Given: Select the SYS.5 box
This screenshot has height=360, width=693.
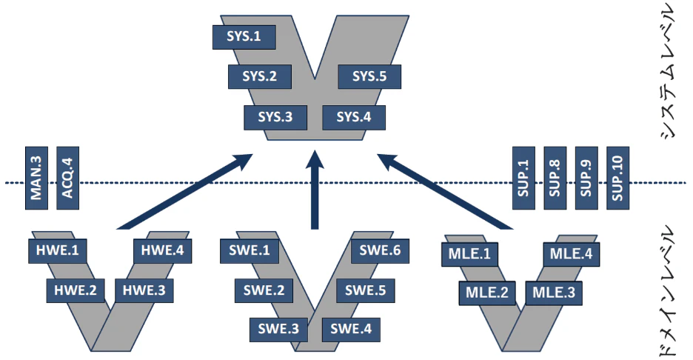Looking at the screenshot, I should [x=369, y=76].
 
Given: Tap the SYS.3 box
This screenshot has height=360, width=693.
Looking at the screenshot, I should [x=275, y=117].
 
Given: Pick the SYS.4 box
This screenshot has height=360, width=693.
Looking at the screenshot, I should [x=353, y=117].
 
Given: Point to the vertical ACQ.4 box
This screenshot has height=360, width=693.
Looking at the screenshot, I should [x=67, y=177].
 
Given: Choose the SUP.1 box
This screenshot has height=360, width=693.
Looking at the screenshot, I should [x=523, y=177].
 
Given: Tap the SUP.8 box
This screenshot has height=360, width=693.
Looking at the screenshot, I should [x=555, y=177].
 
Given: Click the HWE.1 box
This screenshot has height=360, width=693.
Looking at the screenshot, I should [x=57, y=250].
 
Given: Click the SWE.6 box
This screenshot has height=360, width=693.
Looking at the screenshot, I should [x=380, y=250].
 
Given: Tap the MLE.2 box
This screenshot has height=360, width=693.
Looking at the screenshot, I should [x=486, y=292].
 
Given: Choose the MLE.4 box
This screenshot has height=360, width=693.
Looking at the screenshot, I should [x=571, y=254].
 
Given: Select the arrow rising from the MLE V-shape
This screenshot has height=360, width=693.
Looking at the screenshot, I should [x=444, y=189].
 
